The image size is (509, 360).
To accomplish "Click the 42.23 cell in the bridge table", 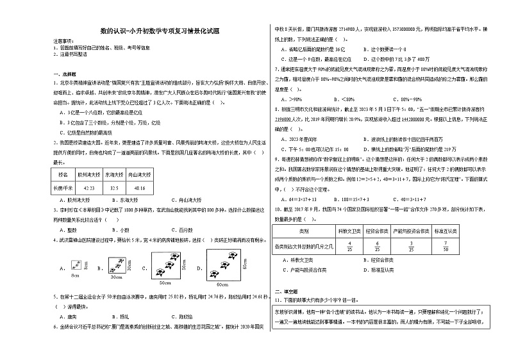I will (x=89, y=188).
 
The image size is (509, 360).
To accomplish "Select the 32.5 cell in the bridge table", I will (x=115, y=188).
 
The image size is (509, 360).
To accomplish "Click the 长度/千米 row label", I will (x=63, y=188).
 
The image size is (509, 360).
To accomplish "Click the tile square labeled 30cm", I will (x=117, y=263).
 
